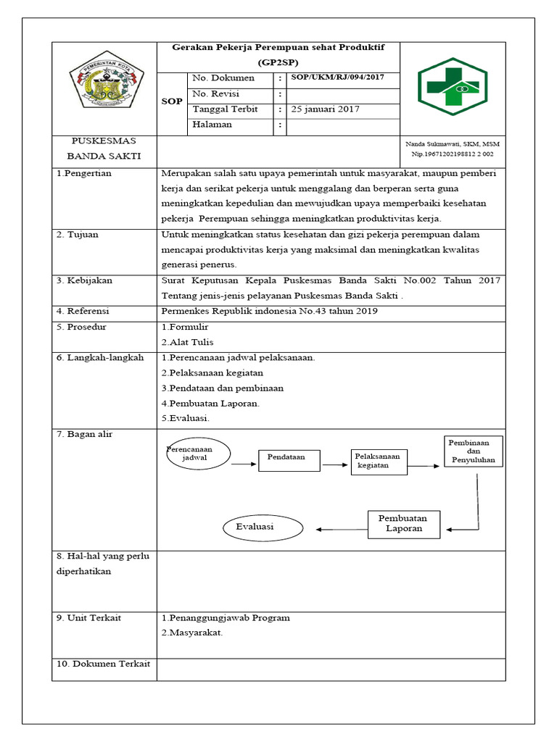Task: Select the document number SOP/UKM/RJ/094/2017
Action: click(x=337, y=78)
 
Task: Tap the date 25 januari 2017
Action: click(x=324, y=109)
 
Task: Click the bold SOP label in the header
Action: click(x=172, y=101)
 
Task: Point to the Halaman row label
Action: click(x=212, y=125)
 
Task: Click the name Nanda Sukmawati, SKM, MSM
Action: click(x=452, y=144)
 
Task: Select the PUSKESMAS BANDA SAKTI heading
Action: click(x=104, y=149)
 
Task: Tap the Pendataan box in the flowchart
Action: click(x=289, y=458)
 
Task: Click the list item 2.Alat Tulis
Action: click(x=187, y=342)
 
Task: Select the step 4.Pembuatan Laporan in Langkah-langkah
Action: click(x=210, y=403)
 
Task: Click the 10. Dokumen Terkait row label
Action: click(x=103, y=664)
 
